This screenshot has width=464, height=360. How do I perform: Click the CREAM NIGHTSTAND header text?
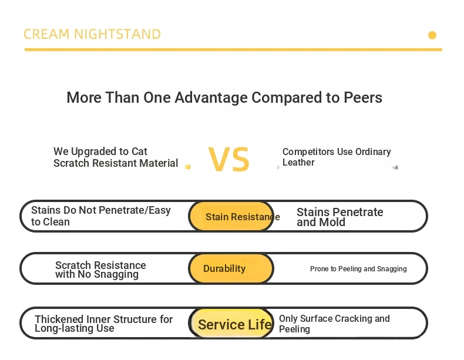point(92,34)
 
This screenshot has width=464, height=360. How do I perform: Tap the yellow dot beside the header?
point(432,35)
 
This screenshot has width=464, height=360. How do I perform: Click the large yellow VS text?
point(228,159)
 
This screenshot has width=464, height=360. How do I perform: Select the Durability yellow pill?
point(231,268)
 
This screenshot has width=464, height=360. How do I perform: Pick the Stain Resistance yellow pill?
point(231,216)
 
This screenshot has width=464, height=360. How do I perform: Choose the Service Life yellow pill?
point(231,323)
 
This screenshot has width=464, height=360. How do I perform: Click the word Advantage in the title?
point(211,98)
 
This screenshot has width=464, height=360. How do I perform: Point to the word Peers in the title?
point(363,97)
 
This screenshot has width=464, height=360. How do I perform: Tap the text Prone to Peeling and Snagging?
point(358,269)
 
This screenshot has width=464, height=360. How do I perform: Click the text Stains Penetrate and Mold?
point(339,217)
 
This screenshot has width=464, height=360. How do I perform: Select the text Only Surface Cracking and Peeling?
point(334,324)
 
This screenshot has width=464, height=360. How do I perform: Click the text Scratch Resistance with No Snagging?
point(100,270)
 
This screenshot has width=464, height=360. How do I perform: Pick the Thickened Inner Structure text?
point(103,324)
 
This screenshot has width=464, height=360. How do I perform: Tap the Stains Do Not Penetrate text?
point(100,216)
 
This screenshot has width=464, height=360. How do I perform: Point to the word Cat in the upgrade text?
point(139,152)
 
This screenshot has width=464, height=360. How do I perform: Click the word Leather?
point(298,163)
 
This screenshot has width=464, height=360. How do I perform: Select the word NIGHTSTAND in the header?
point(117,34)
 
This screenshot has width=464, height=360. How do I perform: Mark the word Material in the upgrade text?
point(159,163)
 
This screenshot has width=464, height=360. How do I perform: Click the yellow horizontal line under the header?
point(233,50)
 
